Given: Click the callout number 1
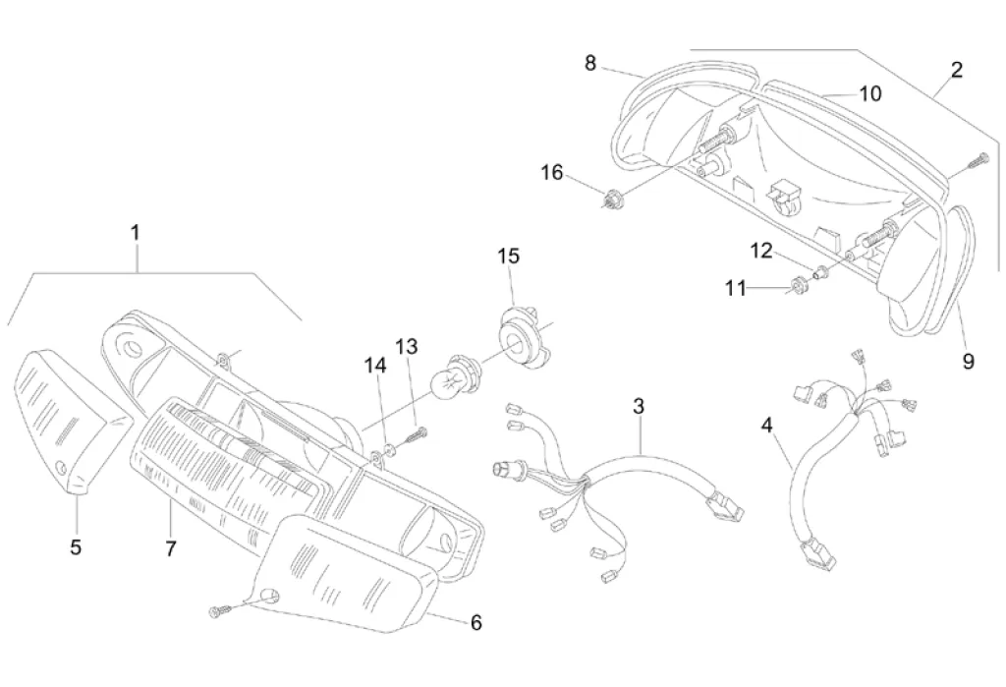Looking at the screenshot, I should [x=136, y=233].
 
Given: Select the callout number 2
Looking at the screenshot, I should [x=956, y=70].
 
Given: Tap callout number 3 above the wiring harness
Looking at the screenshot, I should [x=639, y=405].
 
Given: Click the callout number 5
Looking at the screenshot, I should [x=76, y=547].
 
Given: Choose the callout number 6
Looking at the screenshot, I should [x=476, y=622].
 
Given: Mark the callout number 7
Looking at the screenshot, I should [x=170, y=547].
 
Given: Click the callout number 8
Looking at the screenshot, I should [x=590, y=63].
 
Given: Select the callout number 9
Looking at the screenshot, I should [x=969, y=362].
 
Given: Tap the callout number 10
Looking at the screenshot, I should [x=869, y=93].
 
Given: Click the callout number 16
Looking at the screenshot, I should [x=552, y=173].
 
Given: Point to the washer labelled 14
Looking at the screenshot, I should [x=389, y=449].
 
